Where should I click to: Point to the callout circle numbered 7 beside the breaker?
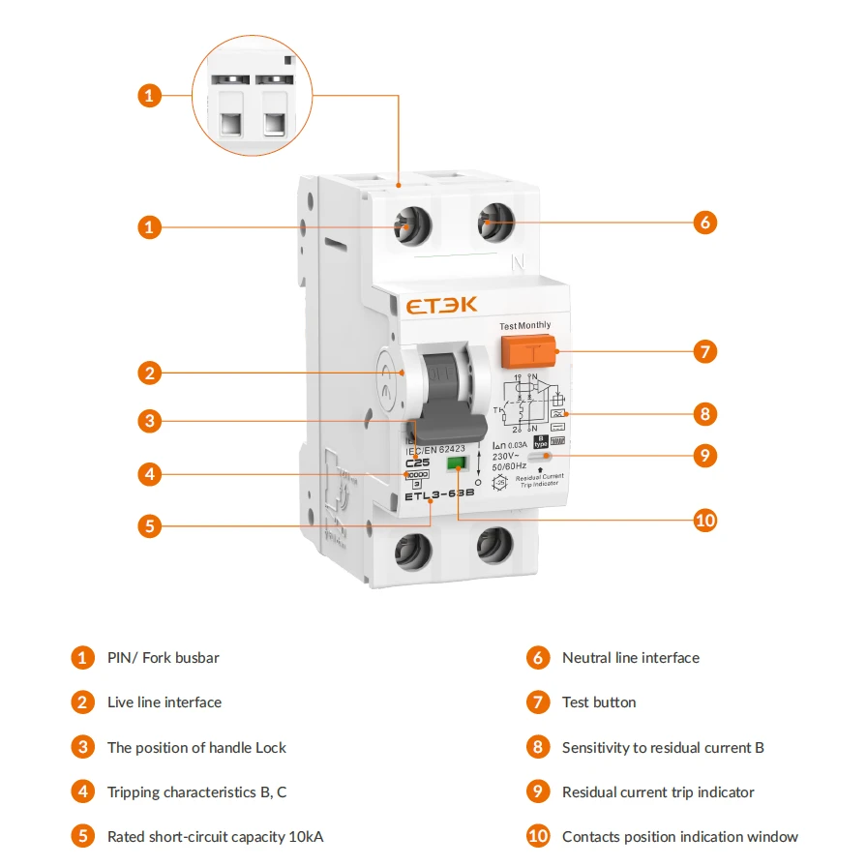705,351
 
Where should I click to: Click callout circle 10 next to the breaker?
705,521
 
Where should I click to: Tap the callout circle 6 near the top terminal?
705,223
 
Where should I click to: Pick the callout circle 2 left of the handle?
148,373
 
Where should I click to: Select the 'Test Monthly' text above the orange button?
525,326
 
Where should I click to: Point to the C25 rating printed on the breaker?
417,463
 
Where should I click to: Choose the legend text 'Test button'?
599,702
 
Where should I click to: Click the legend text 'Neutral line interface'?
630,658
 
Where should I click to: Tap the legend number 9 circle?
538,791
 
